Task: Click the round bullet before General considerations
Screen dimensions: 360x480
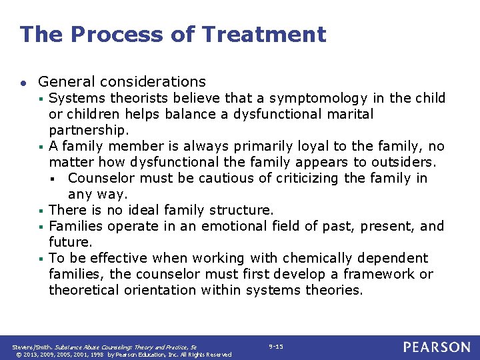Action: [23, 83]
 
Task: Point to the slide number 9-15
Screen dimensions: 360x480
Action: [275, 347]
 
